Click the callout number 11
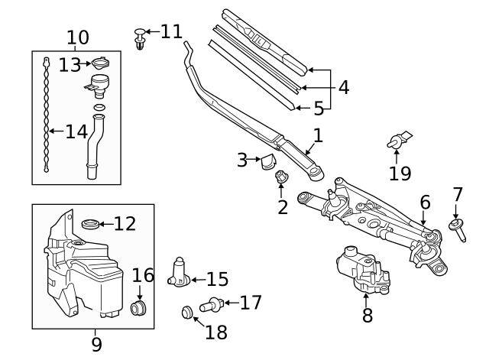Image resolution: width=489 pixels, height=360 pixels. coord(171,31)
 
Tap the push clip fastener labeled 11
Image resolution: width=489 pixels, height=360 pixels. coord(140,37)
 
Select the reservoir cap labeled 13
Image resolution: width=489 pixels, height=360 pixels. coord(100,63)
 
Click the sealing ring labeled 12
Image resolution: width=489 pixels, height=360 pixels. coord(90,224)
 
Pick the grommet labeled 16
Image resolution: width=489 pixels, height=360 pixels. coord(139,308)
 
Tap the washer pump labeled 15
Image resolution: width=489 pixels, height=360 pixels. coord(180,273)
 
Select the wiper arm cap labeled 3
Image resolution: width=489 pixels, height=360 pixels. coord(268,161)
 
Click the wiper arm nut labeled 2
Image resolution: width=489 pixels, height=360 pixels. coord(280,177)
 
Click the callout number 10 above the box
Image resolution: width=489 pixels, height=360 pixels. coord(78,37)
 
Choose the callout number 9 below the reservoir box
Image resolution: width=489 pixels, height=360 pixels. coord(96,344)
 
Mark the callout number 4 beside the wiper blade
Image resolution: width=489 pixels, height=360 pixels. coord(343,88)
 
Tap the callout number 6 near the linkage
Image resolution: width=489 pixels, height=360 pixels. coord(425,203)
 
